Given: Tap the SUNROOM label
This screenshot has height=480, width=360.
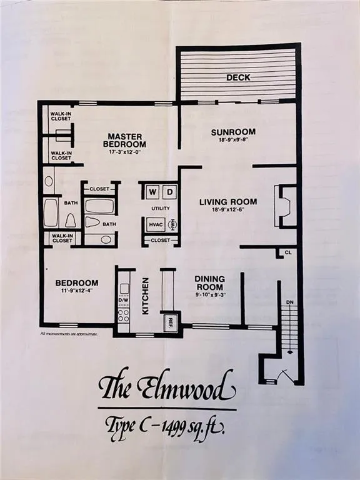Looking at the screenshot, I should (233, 132).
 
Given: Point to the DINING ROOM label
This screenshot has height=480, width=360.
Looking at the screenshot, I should (209, 282).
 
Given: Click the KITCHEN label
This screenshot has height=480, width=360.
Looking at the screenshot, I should (145, 296).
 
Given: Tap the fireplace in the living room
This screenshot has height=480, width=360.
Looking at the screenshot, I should (284, 206).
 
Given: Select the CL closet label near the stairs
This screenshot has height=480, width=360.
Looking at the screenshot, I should (288, 253).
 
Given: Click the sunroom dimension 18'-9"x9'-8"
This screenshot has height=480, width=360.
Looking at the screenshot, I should (233, 141).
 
